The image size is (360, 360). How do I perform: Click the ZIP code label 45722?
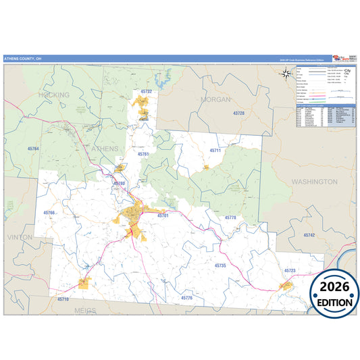pyautogui.click(x=147, y=91)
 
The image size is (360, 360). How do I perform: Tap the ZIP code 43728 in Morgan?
pyautogui.click(x=238, y=113)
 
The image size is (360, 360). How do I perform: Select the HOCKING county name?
pyautogui.click(x=55, y=95)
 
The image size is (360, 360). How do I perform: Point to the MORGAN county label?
pyautogui.click(x=215, y=99)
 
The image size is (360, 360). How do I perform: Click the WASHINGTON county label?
pyautogui.click(x=314, y=182)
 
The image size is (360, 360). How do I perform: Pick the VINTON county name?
pyautogui.click(x=19, y=238)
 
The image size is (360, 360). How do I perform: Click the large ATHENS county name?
pyautogui.click(x=105, y=148)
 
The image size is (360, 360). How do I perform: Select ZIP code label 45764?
pyautogui.click(x=33, y=148)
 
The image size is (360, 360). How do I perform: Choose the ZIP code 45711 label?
pyautogui.click(x=215, y=150)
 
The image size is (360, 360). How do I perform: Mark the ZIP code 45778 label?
pyautogui.click(x=230, y=217)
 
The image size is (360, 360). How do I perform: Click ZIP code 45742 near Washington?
pyautogui.click(x=309, y=234)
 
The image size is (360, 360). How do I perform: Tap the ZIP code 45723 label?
pyautogui.click(x=290, y=270)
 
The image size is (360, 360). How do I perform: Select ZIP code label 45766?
pyautogui.click(x=50, y=213)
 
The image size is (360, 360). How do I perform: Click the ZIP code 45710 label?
pyautogui.click(x=63, y=298)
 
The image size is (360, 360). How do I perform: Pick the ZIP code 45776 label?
pyautogui.click(x=187, y=297)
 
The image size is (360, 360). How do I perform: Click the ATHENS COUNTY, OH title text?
pyautogui.click(x=23, y=59)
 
